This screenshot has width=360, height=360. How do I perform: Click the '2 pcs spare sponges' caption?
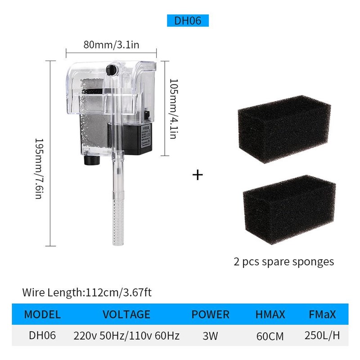pyautogui.click(x=283, y=261)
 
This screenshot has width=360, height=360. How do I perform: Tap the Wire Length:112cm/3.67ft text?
pyautogui.click(x=87, y=292)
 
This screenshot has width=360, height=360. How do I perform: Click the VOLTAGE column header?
pyautogui.click(x=126, y=314)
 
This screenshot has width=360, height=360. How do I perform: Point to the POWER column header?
pyautogui.click(x=210, y=314)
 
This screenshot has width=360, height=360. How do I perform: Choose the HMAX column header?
pyautogui.click(x=270, y=314)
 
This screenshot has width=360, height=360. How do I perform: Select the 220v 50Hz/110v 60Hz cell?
pyautogui.click(x=126, y=335)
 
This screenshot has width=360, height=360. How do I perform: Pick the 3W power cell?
pyautogui.click(x=210, y=335)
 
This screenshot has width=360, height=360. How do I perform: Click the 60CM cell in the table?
pyautogui.click(x=270, y=335)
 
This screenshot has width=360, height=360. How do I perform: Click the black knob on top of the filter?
pyautogui.click(x=111, y=71)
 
